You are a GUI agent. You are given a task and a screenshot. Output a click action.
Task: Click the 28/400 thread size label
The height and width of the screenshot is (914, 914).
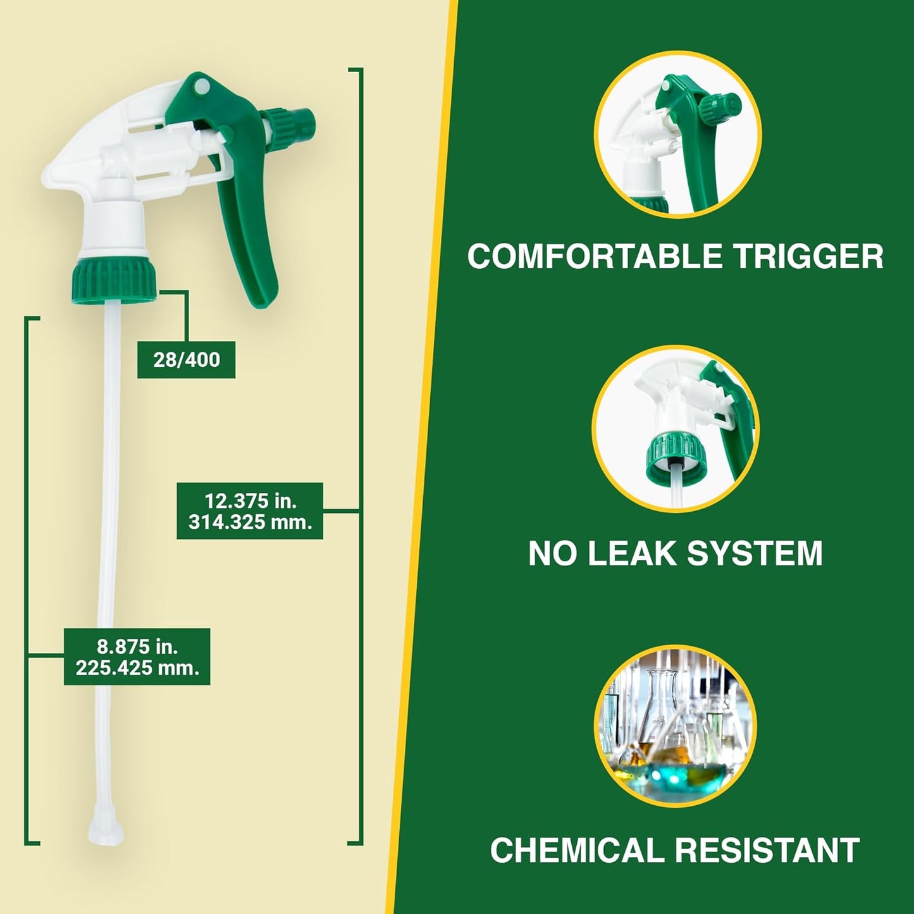186,360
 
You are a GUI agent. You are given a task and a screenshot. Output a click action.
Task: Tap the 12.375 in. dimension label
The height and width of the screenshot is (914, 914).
250,501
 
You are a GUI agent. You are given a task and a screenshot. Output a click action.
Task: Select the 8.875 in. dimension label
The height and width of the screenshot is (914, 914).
137,646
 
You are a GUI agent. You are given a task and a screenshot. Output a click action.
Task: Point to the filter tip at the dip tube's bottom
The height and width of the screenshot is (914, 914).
102,825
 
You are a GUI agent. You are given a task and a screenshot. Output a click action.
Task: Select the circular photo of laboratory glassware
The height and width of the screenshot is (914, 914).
676,726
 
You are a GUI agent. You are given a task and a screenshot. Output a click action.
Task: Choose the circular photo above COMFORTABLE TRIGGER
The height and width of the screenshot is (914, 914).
677,134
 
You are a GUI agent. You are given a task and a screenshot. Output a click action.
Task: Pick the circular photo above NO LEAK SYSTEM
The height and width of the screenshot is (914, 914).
676,429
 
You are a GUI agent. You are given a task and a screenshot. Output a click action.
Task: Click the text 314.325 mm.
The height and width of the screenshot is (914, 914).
250,523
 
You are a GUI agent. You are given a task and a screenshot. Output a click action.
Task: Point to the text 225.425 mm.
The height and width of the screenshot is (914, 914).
137,668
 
